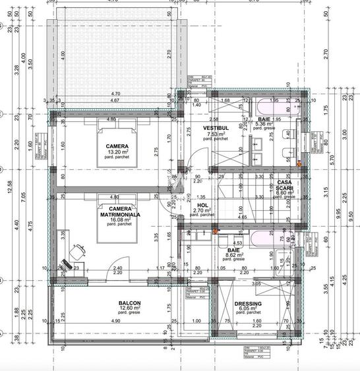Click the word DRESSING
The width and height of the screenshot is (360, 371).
[x=248, y=304]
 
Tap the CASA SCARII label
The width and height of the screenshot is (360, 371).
[x=284, y=186]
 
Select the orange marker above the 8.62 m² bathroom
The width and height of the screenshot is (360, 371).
[x=214, y=231]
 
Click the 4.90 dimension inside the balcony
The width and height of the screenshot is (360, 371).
[x=115, y=321]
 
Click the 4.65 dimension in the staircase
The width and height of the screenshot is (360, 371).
[x=242, y=216]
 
